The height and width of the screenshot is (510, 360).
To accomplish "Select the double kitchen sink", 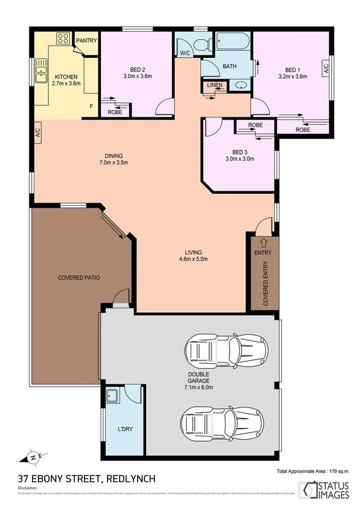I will coord(41,70).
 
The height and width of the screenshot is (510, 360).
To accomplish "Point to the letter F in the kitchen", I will coord(91,107).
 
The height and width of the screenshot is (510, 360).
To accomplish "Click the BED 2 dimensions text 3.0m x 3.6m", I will coord(138,76).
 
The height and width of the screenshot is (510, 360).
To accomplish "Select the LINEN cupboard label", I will coord(214,85).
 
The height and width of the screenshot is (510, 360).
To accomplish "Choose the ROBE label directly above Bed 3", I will coord(255,126).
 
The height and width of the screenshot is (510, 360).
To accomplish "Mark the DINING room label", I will coord(114,155).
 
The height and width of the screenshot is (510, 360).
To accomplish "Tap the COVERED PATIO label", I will coord(79,278).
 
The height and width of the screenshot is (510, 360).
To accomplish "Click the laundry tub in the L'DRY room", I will coord(112,396).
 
